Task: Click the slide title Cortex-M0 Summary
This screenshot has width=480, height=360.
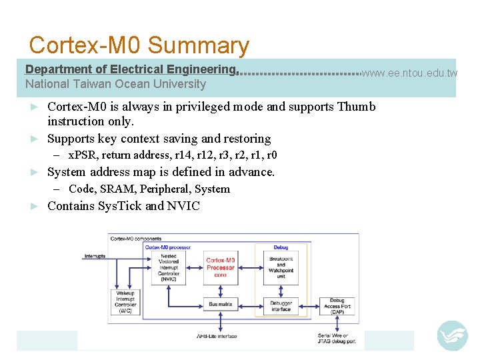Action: click(139, 45)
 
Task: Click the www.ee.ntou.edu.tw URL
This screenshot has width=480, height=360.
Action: click(409, 73)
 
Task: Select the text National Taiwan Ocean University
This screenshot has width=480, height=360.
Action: click(115, 84)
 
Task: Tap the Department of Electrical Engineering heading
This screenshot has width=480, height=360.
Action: click(131, 69)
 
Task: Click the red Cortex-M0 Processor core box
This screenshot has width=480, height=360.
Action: click(220, 267)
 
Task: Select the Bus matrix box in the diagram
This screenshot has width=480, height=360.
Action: click(220, 304)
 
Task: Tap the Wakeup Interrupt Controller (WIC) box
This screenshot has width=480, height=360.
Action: click(125, 302)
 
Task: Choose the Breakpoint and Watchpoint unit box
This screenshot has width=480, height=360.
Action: click(281, 267)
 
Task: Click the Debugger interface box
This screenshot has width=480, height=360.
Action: click(281, 306)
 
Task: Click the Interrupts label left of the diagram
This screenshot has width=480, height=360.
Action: click(95, 256)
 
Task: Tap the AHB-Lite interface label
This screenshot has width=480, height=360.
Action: click(217, 337)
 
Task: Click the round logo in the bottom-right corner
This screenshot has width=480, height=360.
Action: click(452, 335)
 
